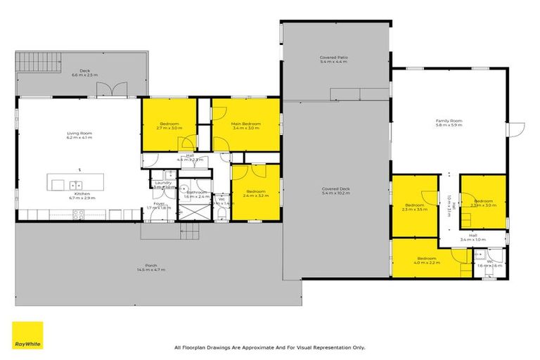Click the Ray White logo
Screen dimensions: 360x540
[27, 335]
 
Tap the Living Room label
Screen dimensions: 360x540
[79, 134]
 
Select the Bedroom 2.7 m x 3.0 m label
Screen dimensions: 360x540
[169, 126]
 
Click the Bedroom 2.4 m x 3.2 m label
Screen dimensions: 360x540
[255, 193]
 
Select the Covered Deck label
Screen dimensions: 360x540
[335, 190]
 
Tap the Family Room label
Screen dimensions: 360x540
[449, 122]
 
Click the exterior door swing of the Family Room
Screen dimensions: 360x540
[518, 130]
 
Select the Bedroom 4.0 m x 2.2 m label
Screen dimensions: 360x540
[426, 259]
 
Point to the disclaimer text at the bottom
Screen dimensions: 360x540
[269, 347]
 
